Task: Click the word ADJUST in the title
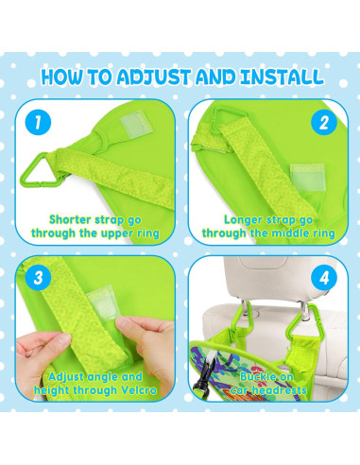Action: click(153, 77)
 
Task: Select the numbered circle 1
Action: click(38, 122)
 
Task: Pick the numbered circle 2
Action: click(324, 122)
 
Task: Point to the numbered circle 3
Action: click(38, 278)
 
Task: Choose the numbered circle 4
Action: click(324, 278)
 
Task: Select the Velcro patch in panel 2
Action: click(307, 177)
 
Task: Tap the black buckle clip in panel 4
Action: click(202, 378)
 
